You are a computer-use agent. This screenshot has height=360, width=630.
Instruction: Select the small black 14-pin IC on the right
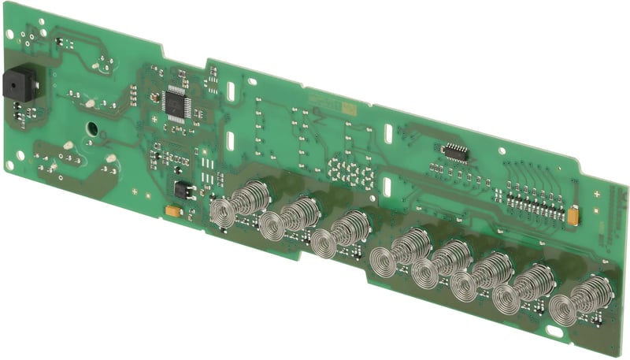pyautogui.click(x=454, y=150)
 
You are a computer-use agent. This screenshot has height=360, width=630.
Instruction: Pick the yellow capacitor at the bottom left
pyautogui.click(x=172, y=210)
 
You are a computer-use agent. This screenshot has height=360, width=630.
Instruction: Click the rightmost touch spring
pyautogui.click(x=573, y=302)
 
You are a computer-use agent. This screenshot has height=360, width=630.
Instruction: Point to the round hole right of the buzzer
pyautogui.click(x=91, y=126)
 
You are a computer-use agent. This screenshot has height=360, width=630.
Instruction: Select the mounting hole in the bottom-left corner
pyautogui.click(x=10, y=165)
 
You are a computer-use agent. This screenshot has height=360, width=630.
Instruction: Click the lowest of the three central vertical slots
pyautogui.click(x=387, y=187)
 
